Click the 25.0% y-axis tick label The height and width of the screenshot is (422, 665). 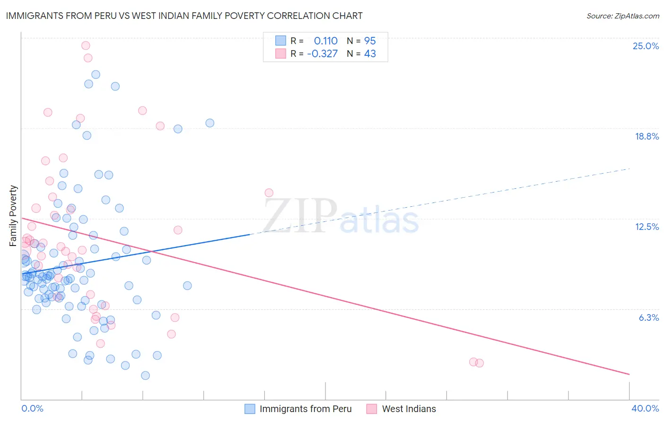point(646,46)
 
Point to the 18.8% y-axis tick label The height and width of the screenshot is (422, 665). point(647,136)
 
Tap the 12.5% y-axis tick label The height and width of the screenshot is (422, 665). point(647,227)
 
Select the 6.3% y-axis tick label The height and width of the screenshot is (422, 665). point(648,317)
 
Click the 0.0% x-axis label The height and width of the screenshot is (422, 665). point(32,408)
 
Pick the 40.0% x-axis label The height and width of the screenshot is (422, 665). point(645,408)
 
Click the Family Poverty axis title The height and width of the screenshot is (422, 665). point(13,216)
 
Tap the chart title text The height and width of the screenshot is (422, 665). point(184,16)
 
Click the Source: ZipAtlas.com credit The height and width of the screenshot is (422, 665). point(622,16)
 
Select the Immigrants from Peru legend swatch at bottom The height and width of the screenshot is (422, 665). point(250,409)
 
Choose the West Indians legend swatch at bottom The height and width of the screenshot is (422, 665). point(372,409)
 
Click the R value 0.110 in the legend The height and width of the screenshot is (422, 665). point(325,41)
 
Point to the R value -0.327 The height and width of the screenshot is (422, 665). point(322,54)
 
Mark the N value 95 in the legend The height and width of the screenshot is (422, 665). point(370,41)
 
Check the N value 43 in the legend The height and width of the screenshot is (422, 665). point(370,54)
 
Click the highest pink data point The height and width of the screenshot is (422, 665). point(86,45)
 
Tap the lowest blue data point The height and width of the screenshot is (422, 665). point(145,375)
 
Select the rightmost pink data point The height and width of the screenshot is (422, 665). point(479,363)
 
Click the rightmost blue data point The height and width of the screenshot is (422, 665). point(210,123)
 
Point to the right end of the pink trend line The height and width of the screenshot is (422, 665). point(629,374)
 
